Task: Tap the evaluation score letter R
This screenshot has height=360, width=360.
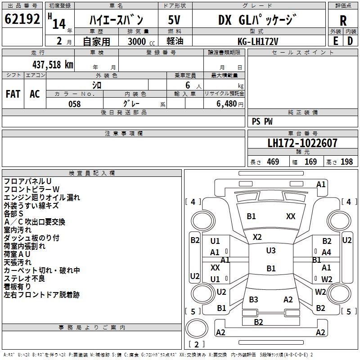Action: [343, 21]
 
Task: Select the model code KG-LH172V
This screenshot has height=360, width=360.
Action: [258, 41]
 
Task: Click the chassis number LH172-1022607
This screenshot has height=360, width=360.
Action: [302, 144]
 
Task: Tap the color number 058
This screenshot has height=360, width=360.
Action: [74, 104]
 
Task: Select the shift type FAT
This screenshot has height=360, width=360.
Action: [13, 94]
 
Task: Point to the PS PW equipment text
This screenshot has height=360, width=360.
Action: [262, 121]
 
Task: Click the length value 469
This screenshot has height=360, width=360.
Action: [273, 162]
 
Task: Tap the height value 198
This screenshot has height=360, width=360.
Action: [346, 162]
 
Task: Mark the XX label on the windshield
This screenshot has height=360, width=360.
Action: [291, 216]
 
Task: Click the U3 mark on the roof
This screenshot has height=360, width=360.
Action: [270, 251]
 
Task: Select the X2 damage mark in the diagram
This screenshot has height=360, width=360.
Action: [257, 237]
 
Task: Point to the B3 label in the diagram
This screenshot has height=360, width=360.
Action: [253, 300]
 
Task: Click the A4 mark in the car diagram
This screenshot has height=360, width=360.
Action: [326, 252]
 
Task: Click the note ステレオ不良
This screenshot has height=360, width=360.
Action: [24, 279]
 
